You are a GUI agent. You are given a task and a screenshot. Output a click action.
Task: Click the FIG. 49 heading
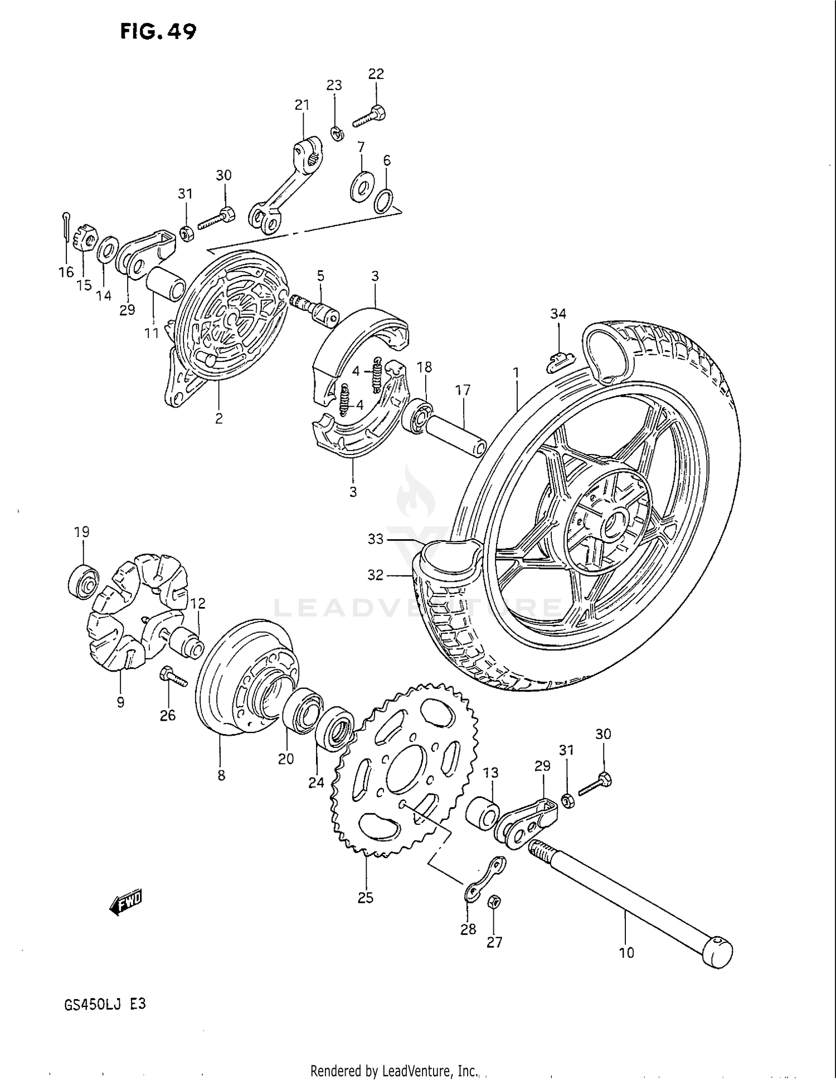tap(158, 32)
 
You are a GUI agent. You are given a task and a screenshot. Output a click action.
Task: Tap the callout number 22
tap(376, 74)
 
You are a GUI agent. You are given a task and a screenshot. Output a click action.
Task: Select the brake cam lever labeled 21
tap(284, 184)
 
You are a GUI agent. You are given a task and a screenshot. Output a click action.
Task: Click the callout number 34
tap(558, 314)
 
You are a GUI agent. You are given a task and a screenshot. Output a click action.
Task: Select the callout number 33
tap(376, 539)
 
